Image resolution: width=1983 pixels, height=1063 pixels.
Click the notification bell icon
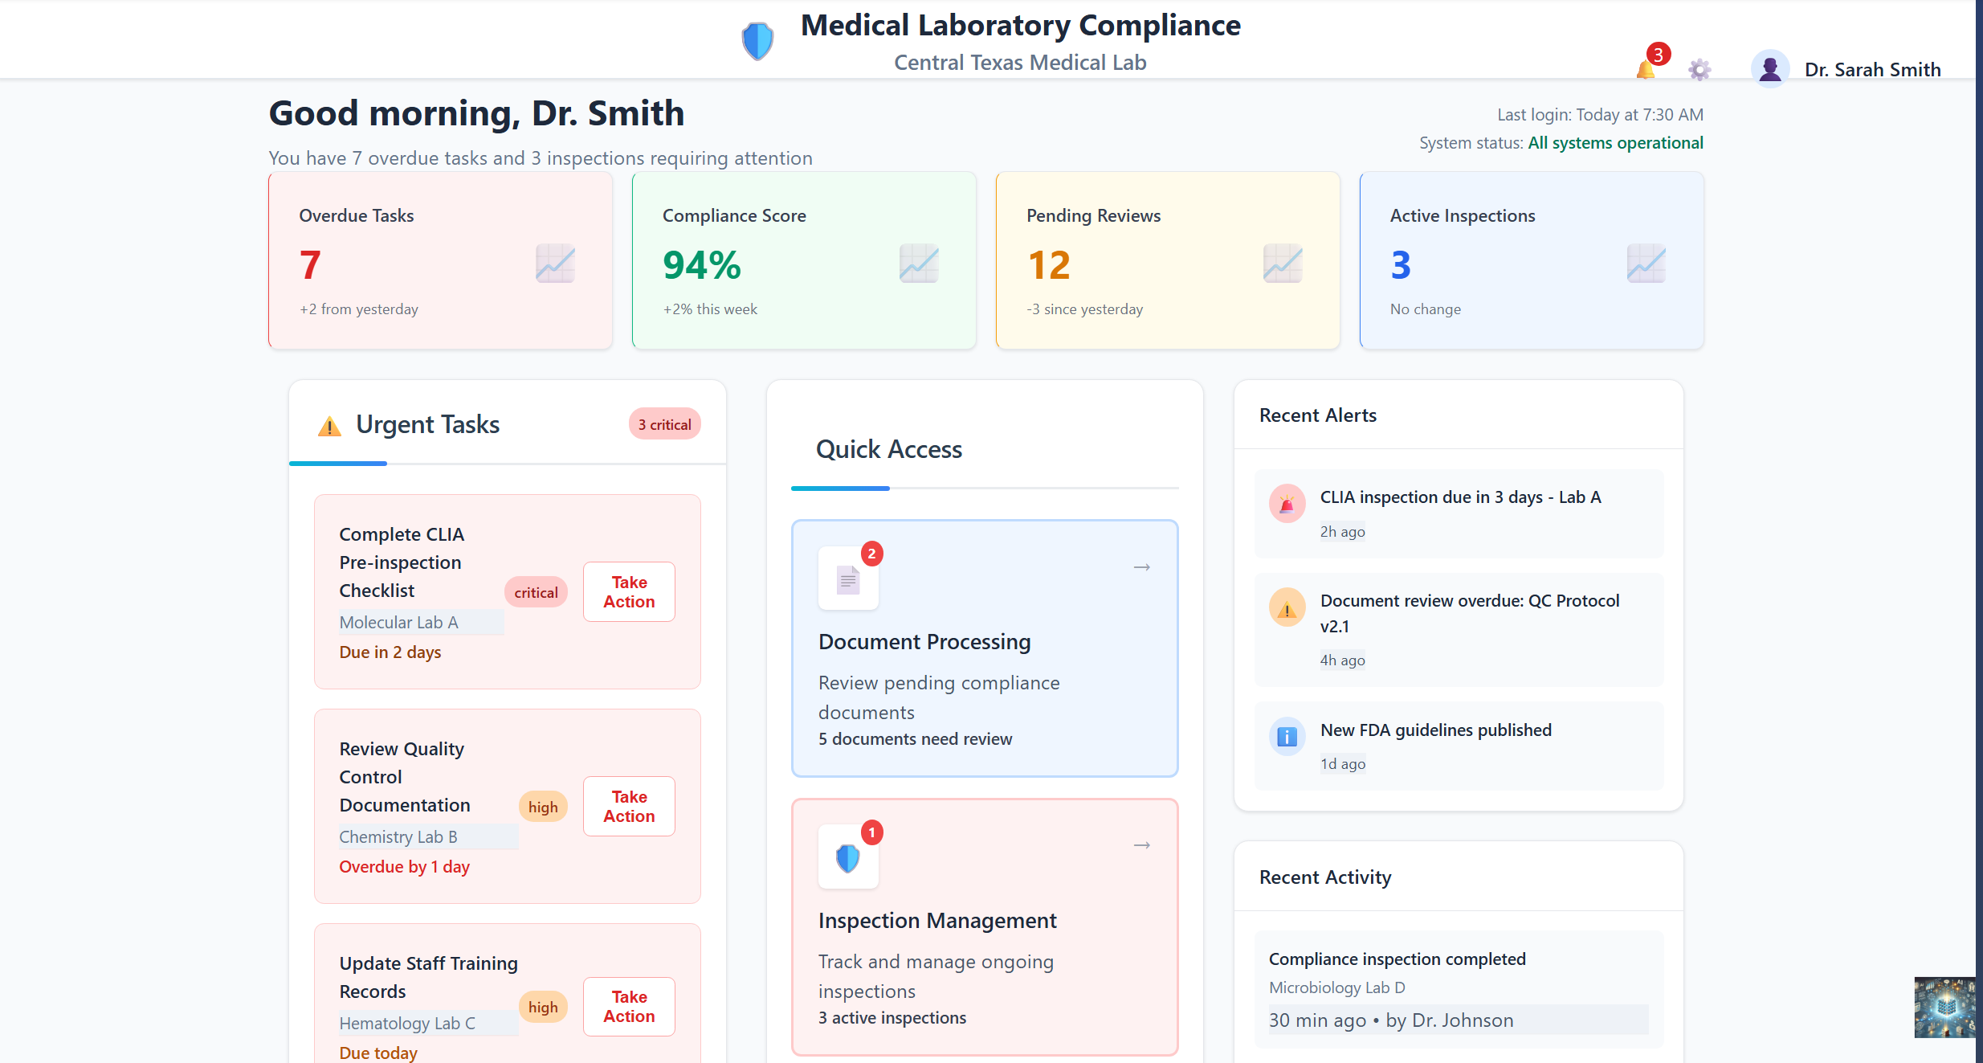tap(1646, 70)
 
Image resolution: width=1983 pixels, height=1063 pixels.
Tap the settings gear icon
tap(1699, 70)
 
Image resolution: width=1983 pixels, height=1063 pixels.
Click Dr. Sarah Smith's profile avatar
tap(1769, 69)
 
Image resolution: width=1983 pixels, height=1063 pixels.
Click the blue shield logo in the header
tap(757, 41)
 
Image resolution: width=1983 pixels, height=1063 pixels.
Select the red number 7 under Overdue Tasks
tap(310, 265)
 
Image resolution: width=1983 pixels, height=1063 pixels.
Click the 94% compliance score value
tap(701, 265)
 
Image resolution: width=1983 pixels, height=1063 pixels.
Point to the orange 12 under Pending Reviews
tap(1048, 265)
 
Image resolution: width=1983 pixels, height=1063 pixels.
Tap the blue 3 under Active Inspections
tap(1400, 265)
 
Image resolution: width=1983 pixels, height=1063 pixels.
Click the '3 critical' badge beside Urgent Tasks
tap(664, 424)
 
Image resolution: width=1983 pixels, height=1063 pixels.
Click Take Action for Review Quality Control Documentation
tap(629, 806)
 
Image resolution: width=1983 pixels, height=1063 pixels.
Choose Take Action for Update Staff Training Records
tap(629, 1006)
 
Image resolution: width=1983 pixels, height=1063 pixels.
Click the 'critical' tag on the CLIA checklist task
tap(536, 592)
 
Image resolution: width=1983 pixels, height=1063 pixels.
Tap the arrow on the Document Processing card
tap(1141, 567)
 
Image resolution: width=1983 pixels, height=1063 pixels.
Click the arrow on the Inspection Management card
tap(1141, 845)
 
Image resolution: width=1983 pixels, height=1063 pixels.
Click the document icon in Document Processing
tap(848, 579)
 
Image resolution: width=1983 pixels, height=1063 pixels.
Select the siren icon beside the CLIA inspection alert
tap(1287, 504)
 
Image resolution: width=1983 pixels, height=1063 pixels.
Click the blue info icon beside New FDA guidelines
tap(1287, 736)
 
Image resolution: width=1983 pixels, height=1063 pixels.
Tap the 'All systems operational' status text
tap(1615, 143)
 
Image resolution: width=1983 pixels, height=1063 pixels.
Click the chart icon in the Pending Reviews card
tap(1283, 264)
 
